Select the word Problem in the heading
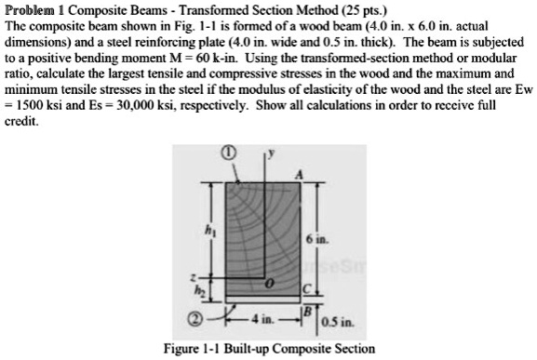pos(27,7)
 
